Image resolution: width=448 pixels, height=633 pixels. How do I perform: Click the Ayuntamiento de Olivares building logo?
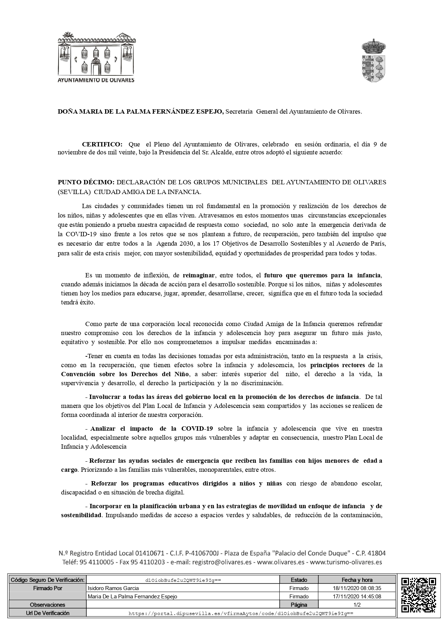tap(96, 57)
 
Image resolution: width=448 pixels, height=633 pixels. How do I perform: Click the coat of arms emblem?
tap(374, 60)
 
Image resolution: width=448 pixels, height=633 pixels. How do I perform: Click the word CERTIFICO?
tap(102, 144)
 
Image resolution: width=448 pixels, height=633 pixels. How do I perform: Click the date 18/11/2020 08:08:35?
tap(357, 588)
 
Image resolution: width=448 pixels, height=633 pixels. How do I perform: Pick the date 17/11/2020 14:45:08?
tap(357, 597)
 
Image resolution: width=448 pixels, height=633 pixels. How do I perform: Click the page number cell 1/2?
tap(357, 605)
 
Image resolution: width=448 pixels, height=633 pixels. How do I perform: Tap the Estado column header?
tap(299, 580)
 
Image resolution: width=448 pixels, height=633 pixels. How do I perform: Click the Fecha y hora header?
tap(357, 580)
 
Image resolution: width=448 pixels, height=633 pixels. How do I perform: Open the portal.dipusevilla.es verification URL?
tap(241, 613)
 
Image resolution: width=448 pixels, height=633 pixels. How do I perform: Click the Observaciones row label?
tap(47, 605)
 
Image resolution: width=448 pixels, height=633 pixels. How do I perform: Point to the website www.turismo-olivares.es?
tap(346, 562)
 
